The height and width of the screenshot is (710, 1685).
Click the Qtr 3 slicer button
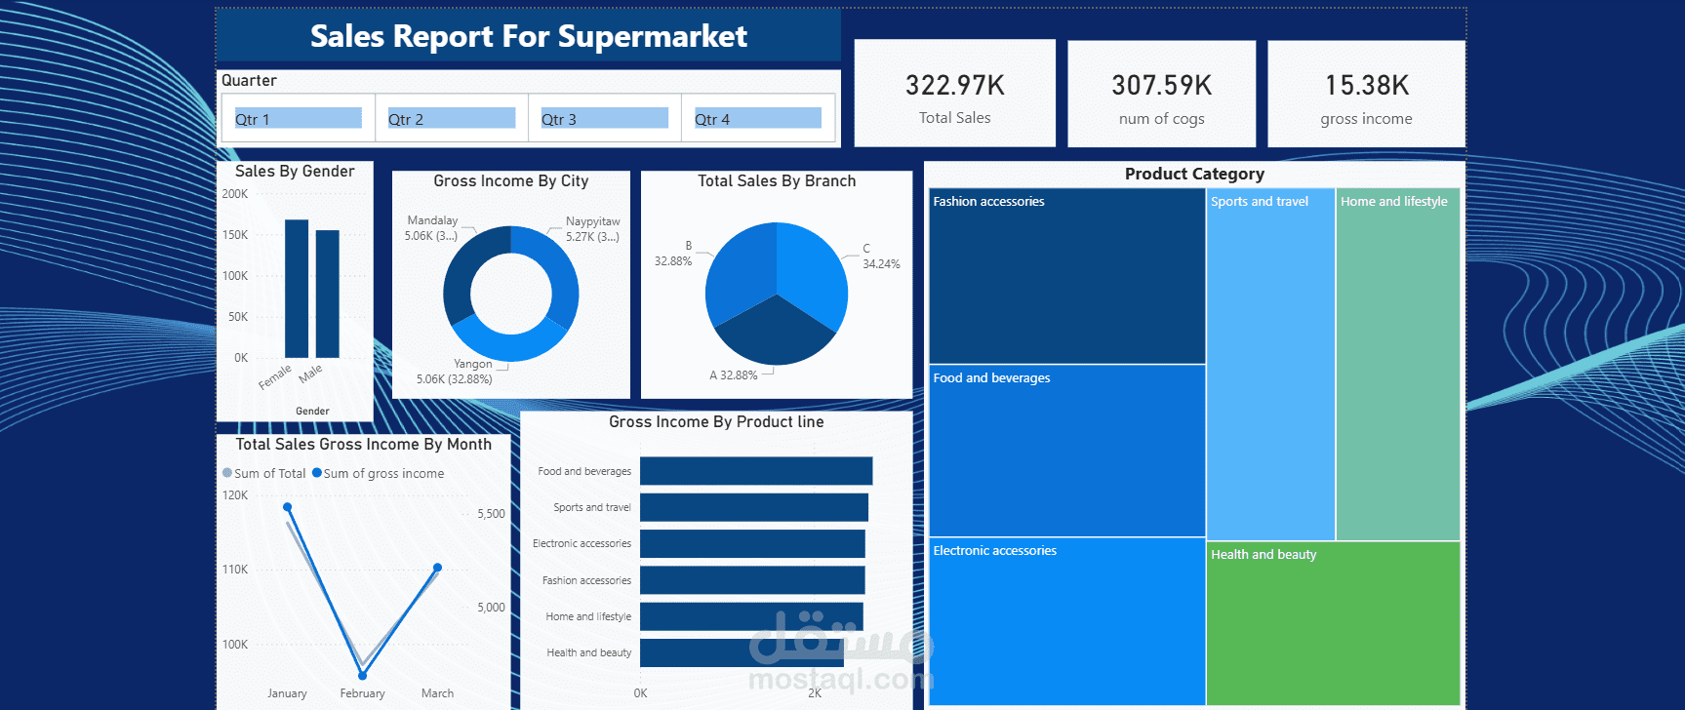[x=604, y=119]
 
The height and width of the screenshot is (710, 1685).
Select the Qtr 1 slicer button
[x=298, y=119]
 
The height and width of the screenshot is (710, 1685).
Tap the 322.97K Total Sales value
[x=954, y=86]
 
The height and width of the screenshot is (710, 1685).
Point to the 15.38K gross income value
[x=1366, y=86]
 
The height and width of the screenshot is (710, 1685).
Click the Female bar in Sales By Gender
[x=297, y=289]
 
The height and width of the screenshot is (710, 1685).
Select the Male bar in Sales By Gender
[x=328, y=294]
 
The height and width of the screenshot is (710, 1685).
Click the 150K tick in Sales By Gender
[x=235, y=235]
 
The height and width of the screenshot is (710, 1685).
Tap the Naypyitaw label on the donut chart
[x=592, y=221]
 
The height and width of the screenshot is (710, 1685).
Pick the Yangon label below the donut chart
[x=472, y=364]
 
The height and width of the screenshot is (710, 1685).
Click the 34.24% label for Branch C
[x=881, y=264]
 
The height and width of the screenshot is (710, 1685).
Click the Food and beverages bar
[x=755, y=471]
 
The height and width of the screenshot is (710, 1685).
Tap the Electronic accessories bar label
[x=582, y=543]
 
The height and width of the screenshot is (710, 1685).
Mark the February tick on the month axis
[x=362, y=693]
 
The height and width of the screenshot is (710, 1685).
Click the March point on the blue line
[x=437, y=568]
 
